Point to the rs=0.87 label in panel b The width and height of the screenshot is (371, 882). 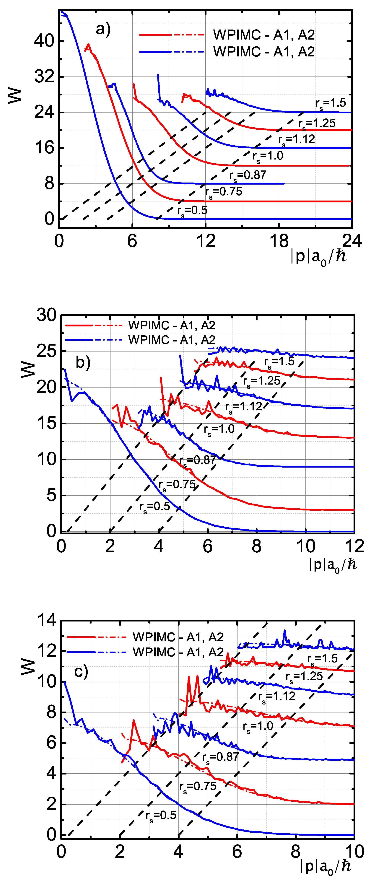pos(198,460)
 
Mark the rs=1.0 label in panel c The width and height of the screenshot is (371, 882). pos(258,726)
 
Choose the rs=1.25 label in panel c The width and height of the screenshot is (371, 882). pos(304,676)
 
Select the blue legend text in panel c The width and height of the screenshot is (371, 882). pos(178,652)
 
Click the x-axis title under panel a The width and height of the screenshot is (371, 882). pos(318,257)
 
